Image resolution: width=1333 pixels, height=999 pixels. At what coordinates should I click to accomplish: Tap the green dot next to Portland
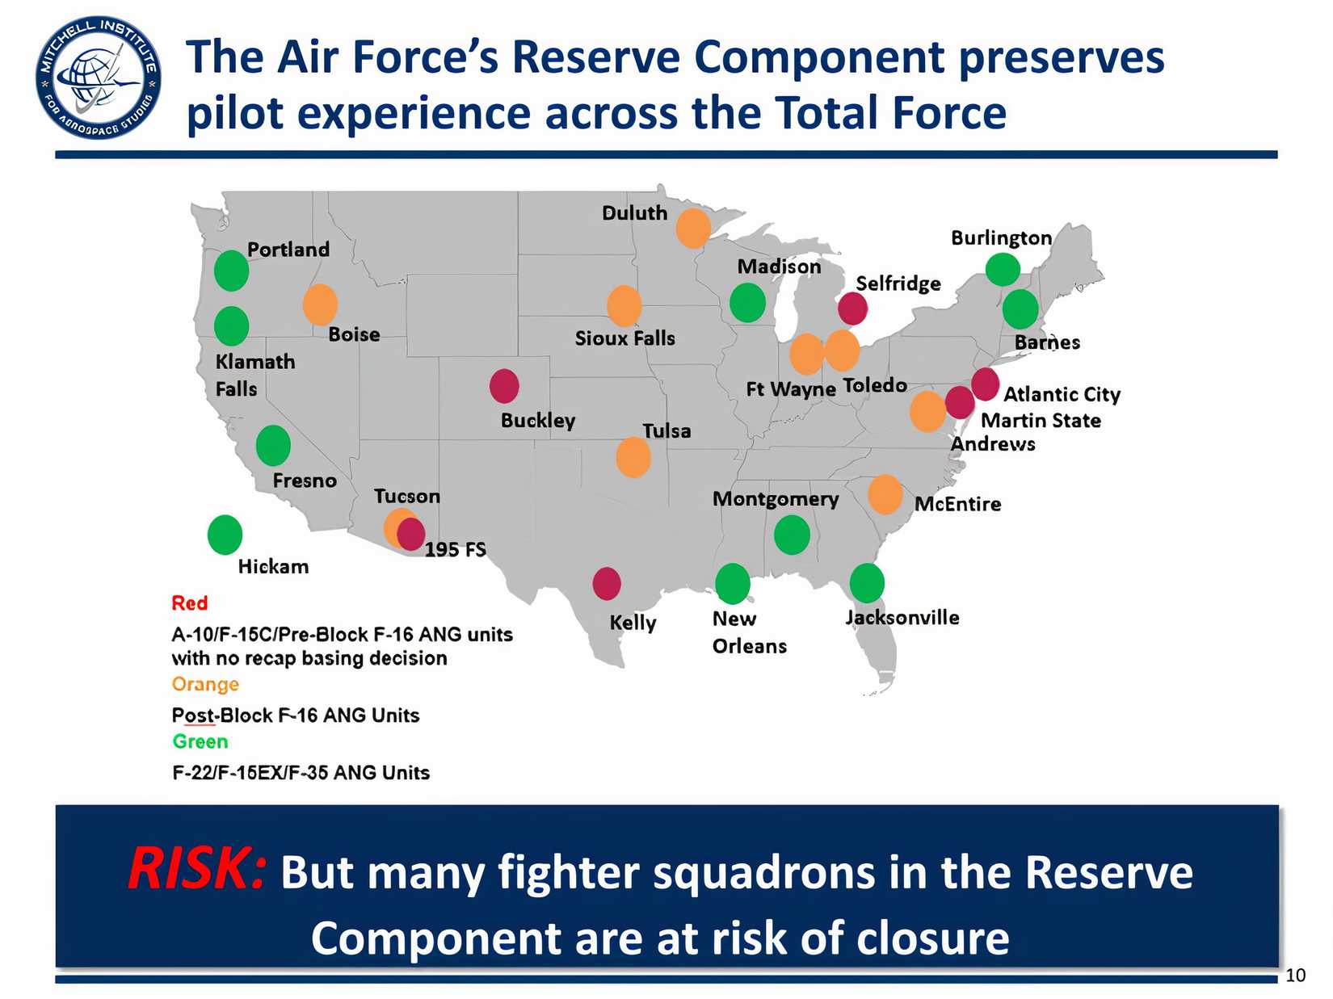231,271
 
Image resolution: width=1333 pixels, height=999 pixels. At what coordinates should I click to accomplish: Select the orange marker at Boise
320,304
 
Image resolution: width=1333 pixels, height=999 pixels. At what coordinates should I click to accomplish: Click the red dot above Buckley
504,386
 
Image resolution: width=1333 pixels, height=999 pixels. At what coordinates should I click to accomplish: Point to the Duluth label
635,213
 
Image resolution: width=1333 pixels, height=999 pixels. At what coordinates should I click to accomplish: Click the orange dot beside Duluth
693,228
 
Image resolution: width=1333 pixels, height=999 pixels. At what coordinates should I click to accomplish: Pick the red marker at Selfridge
852,309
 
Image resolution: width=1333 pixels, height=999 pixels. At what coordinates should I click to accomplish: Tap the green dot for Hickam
225,535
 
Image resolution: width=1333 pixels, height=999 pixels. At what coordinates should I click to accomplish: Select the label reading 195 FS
456,550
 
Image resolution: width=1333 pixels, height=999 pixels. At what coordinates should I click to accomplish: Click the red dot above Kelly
607,583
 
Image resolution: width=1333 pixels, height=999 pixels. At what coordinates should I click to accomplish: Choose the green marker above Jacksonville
867,583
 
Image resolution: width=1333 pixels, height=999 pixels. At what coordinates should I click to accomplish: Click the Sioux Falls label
624,338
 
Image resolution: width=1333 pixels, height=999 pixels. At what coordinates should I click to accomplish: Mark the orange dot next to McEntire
885,494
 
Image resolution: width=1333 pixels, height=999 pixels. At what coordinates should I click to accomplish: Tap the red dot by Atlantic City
985,384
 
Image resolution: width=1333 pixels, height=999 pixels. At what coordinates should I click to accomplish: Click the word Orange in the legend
205,685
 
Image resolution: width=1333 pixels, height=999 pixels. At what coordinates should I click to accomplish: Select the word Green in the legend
200,741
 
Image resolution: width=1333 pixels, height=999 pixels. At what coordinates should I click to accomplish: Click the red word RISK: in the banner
196,870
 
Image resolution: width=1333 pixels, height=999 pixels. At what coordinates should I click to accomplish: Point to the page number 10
1295,976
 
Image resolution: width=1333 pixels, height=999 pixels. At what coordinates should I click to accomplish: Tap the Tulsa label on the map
666,431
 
